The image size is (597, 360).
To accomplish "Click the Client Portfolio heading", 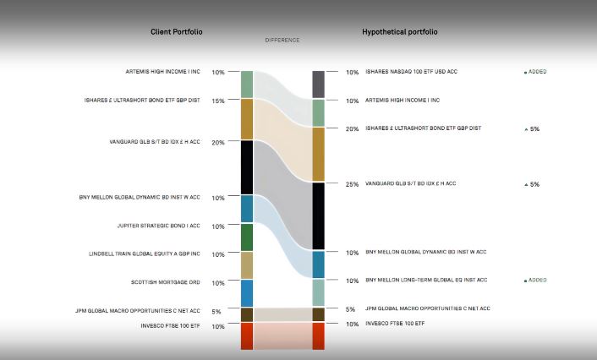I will pos(176,32).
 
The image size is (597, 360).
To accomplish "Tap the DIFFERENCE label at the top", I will pos(282,40).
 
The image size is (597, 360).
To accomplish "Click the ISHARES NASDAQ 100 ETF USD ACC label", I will pos(412,72).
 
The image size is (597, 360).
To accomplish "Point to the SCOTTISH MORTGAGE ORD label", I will pos(165,282).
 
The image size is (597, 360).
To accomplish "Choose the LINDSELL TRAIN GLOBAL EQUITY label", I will pos(145,254).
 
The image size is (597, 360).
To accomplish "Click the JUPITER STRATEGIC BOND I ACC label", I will pos(158,226).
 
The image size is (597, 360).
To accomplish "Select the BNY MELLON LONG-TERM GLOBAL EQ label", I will pos(426,280).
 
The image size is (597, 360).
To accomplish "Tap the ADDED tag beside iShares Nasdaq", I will pos(535,72).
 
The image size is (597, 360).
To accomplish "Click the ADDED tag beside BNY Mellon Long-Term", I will pos(535,280).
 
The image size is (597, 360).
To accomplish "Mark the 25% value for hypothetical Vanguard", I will pos(352,184).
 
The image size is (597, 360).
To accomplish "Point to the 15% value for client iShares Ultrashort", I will pos(218,101).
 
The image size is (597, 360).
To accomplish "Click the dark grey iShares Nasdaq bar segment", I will pos(318,85).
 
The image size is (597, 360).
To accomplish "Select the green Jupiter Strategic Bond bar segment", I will pos(247,237).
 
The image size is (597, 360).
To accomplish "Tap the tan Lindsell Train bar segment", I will pos(247,265).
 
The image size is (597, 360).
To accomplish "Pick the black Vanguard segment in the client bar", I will pos(247,167).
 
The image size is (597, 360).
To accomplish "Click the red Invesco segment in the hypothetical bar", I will pos(318,335).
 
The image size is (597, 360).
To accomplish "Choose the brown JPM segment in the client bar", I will pos(247,314).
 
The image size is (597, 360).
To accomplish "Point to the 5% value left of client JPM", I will pos(216,311).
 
